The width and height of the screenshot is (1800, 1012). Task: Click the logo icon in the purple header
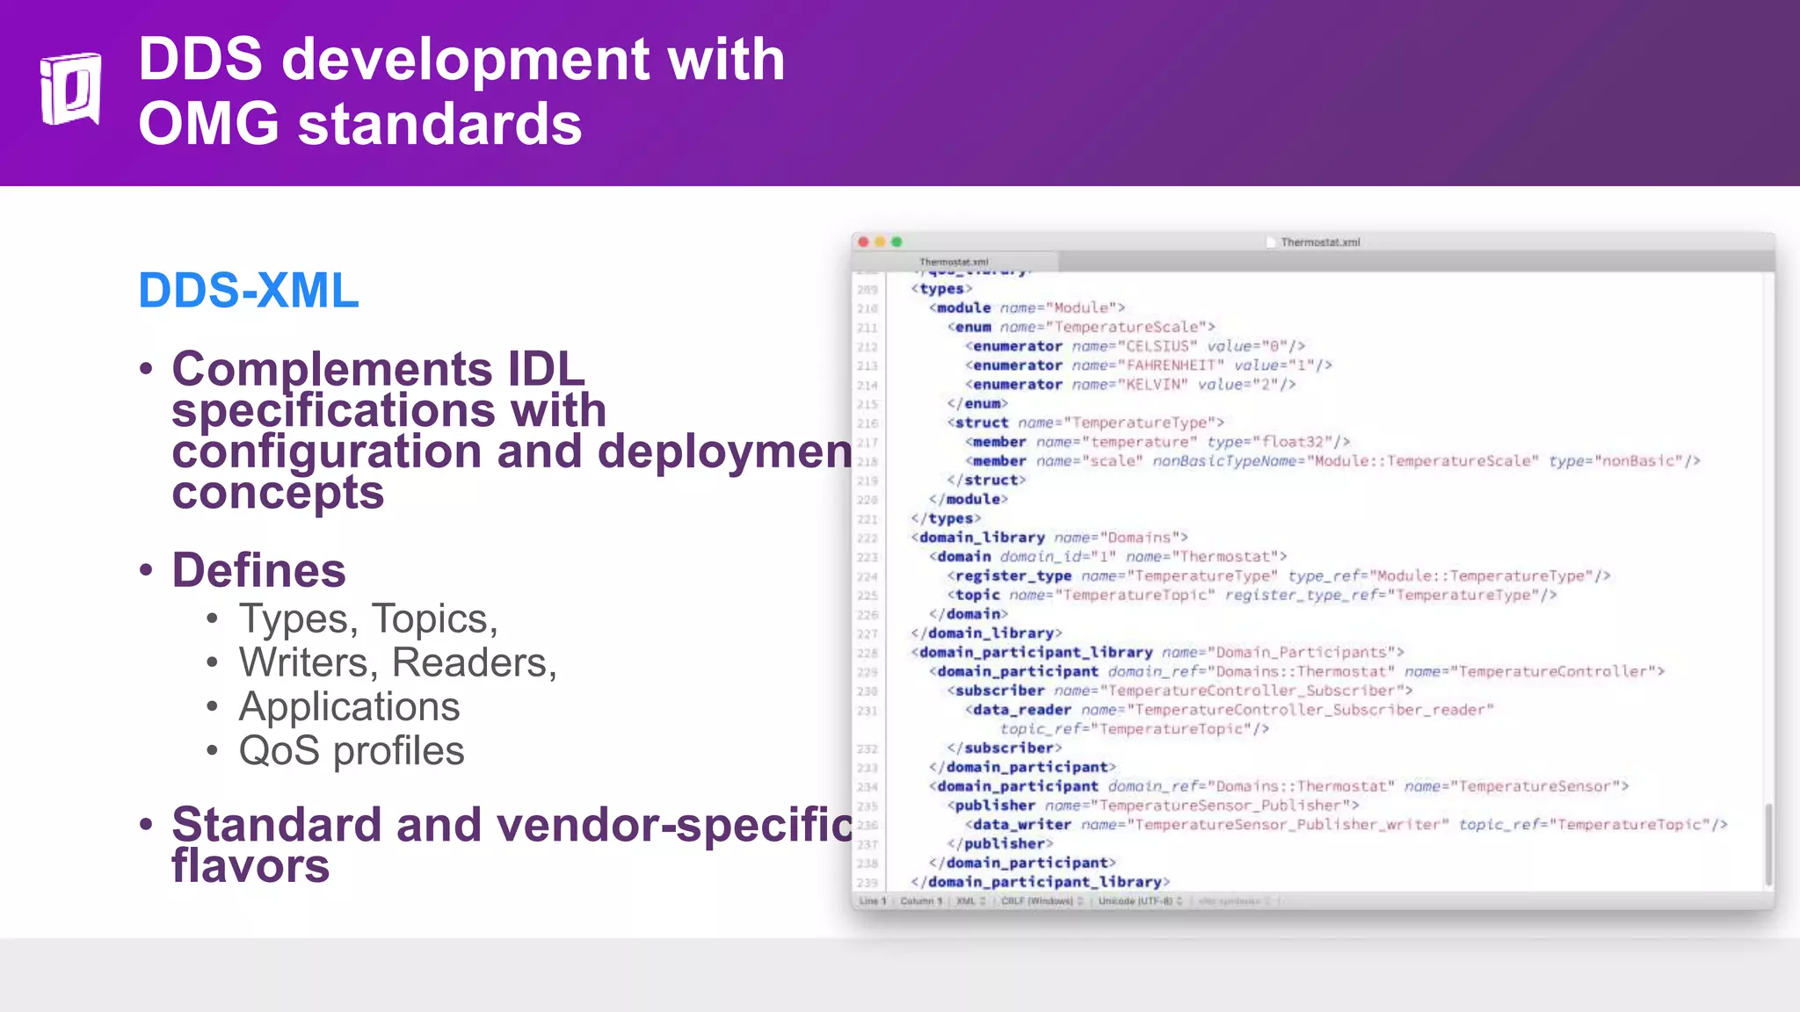[70, 89]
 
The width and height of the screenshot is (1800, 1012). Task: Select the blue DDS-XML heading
[249, 290]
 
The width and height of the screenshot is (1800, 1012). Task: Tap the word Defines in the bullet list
[258, 570]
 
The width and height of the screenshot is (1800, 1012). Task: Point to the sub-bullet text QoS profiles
[351, 751]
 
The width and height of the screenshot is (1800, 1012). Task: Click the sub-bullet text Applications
[349, 707]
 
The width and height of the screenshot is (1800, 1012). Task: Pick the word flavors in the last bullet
[250, 866]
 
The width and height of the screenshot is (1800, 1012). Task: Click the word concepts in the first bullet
[278, 493]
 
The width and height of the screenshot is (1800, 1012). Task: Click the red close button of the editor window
[863, 242]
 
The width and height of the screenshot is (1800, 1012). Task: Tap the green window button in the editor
[896, 242]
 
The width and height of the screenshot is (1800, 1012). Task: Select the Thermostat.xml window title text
[1319, 242]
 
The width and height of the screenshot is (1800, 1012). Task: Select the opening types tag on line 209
[941, 289]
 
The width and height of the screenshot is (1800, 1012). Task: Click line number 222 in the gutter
[867, 539]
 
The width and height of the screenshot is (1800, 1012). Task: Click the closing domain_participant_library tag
[1040, 882]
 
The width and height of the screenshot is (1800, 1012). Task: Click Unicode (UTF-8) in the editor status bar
[1135, 901]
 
